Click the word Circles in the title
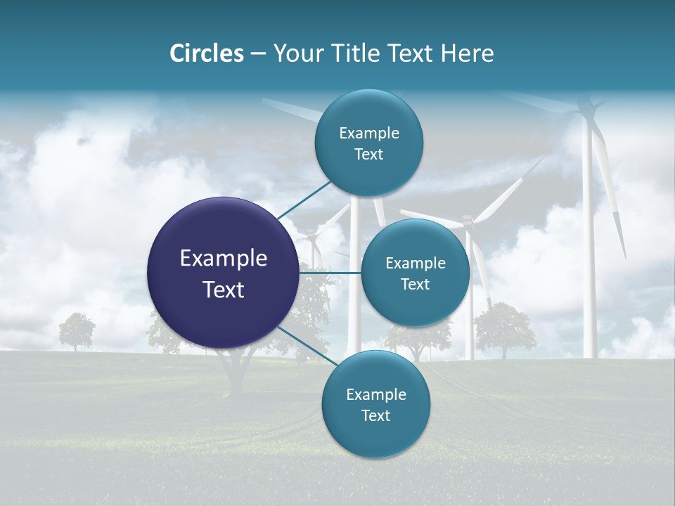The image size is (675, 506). [207, 53]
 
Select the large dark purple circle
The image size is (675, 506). [223, 273]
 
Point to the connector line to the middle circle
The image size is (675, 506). [330, 273]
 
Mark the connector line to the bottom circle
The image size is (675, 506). [302, 344]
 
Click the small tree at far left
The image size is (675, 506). [76, 330]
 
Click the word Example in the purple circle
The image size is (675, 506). [224, 259]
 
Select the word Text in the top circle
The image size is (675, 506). [368, 155]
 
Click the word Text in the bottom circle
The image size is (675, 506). [375, 416]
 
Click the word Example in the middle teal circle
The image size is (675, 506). [416, 264]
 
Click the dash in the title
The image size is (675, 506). [257, 54]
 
